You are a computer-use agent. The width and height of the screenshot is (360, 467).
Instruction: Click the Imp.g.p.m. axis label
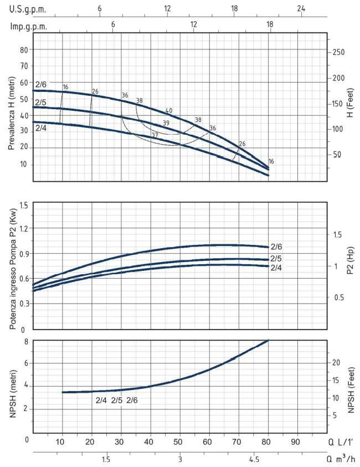point(28,26)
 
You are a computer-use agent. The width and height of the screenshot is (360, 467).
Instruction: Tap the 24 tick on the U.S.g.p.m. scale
point(301,9)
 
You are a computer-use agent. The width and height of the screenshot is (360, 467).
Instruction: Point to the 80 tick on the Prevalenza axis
point(24,49)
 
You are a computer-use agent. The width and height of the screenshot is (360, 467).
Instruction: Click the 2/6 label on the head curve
point(41,84)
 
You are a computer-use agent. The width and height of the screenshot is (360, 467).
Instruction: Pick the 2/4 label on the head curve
point(41,128)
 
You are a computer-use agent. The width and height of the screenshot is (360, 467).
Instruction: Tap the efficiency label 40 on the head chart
point(169,111)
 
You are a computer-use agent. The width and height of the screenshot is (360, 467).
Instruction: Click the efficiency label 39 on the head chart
point(166,123)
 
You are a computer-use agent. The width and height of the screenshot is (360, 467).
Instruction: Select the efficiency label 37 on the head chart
point(155,135)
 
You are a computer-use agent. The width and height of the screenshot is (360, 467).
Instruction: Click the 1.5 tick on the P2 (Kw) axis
point(23,206)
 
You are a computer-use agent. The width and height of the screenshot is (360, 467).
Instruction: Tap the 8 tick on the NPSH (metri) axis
point(25,341)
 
